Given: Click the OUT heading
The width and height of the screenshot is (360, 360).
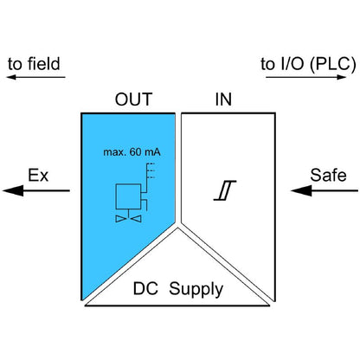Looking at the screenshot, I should click(x=133, y=100).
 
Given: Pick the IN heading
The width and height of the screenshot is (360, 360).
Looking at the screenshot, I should click(x=223, y=100).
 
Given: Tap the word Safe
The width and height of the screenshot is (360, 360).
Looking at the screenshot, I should click(x=328, y=176).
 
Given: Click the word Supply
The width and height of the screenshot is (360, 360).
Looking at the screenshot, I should click(x=196, y=289).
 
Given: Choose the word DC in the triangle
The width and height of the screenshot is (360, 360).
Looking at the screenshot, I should click(x=145, y=289).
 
